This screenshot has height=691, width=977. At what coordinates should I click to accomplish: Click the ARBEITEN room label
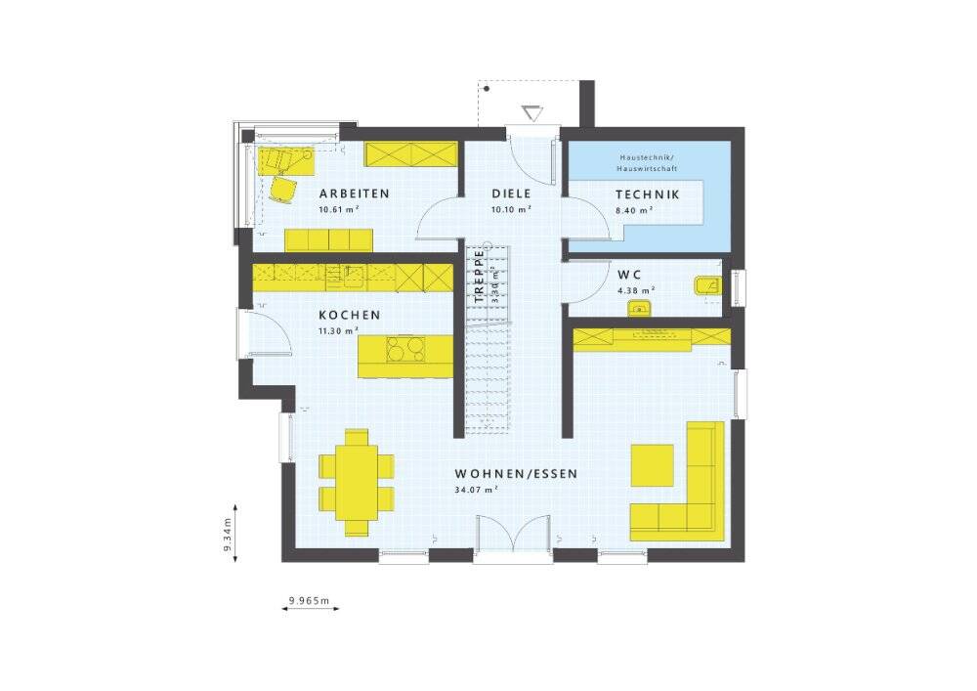click(354, 194)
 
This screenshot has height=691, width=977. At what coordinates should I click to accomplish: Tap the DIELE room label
click(511, 194)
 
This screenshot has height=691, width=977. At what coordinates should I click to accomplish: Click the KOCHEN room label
click(349, 315)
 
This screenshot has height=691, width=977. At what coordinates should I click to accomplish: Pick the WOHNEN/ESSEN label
click(516, 473)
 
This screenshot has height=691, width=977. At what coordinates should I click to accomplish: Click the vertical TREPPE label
click(479, 277)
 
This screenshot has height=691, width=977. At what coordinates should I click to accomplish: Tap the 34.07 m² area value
click(477, 490)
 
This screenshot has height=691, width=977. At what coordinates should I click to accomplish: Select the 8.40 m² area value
click(634, 209)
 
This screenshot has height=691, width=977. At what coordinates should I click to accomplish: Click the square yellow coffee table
click(653, 464)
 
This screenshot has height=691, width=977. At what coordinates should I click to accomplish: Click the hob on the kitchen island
click(403, 348)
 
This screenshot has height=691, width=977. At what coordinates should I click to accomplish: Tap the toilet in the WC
click(706, 285)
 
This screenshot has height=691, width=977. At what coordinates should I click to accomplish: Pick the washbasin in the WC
click(639, 309)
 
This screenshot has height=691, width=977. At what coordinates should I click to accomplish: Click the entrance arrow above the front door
click(532, 112)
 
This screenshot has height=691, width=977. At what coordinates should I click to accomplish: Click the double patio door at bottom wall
click(514, 540)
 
